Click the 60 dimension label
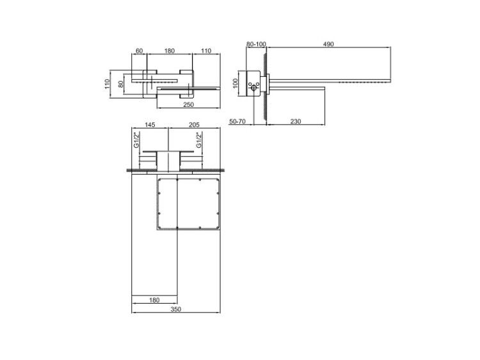[x=139, y=51]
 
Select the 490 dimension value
[x=328, y=44]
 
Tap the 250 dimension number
[x=188, y=105]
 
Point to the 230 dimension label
[x=296, y=121]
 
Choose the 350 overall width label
[x=176, y=309]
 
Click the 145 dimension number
[x=150, y=125]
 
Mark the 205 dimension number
[x=194, y=125]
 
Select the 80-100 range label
[x=256, y=44]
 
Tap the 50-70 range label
[x=237, y=121]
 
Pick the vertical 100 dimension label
[x=235, y=83]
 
